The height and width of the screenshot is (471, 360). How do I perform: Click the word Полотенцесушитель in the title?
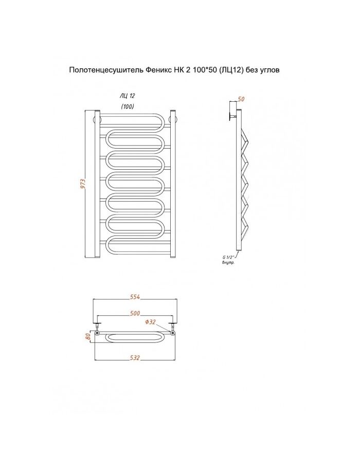(106, 70)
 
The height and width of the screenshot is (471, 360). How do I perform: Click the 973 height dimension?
(84, 184)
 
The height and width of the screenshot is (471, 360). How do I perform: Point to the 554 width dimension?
(135, 297)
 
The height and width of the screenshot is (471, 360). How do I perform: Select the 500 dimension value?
(135, 313)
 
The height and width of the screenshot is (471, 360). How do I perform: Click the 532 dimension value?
(135, 357)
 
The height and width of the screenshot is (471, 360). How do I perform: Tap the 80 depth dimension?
(88, 336)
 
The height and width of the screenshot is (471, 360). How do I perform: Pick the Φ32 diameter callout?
(150, 322)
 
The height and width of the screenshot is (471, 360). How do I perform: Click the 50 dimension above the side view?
(241, 99)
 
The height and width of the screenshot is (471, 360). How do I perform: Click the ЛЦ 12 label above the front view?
(128, 96)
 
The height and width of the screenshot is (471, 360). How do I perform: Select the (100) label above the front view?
(128, 106)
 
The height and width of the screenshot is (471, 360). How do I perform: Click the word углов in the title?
(269, 70)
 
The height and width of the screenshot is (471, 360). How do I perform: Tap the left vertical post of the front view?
(97, 184)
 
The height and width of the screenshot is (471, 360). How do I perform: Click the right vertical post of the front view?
(173, 184)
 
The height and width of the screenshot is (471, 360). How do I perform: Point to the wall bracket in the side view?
(232, 116)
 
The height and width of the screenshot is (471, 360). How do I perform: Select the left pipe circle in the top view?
(97, 333)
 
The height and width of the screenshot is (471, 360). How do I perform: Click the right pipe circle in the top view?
(172, 333)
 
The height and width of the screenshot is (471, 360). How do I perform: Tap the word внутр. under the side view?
(228, 263)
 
